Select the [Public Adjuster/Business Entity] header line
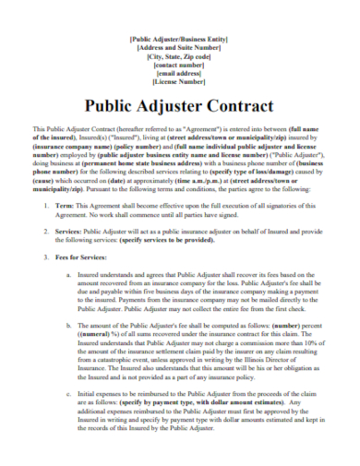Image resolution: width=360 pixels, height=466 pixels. (180, 39)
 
